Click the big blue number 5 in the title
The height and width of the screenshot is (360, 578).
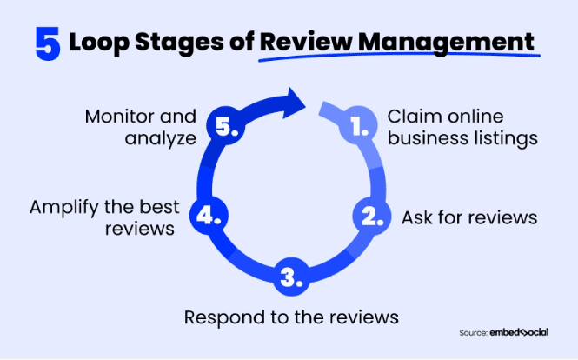coord(48,43)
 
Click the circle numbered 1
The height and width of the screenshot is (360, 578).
coord(358,127)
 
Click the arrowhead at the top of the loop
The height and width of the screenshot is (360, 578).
coord(296,103)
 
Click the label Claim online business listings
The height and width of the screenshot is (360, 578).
coord(462,127)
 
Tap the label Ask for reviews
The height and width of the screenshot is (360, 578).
coord(469,217)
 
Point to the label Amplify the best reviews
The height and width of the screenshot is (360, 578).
coord(104,217)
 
